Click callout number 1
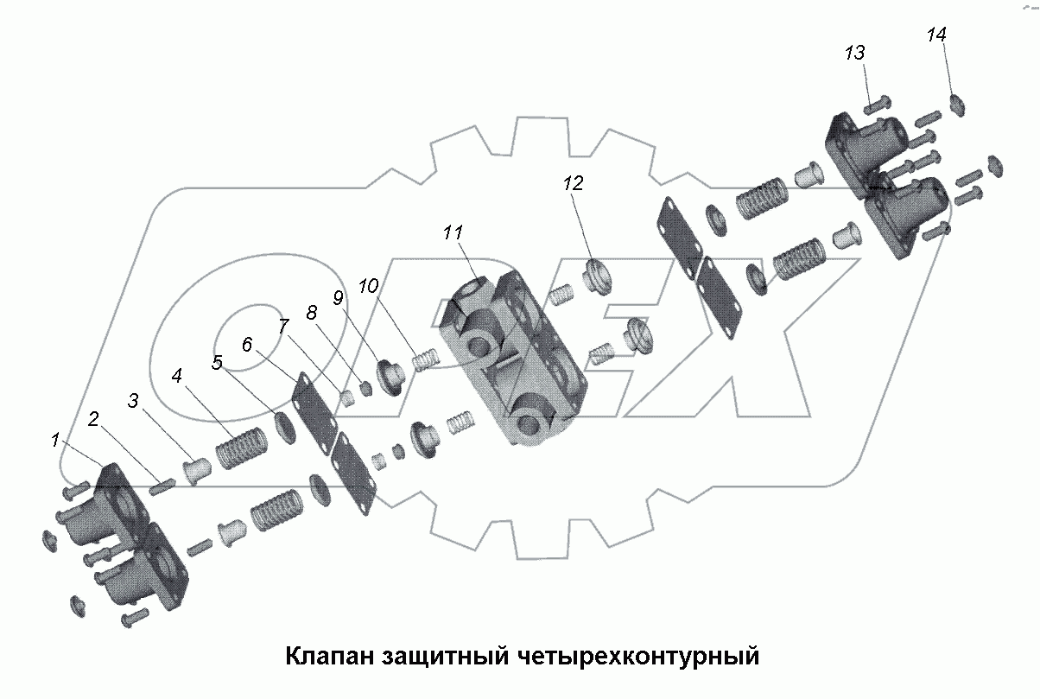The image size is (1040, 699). pos(55,441)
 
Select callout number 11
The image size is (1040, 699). pos(453,232)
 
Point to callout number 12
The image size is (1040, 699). pos(574,183)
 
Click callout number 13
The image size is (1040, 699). pos(854,54)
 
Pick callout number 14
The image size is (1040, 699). pos(936,35)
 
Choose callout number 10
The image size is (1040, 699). pos(369,286)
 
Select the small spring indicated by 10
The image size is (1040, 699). pos(424,359)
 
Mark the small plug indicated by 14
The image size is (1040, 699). pos(956,105)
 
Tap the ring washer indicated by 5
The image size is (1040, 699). pos(282,426)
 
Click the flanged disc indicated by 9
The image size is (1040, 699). pos(389,378)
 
